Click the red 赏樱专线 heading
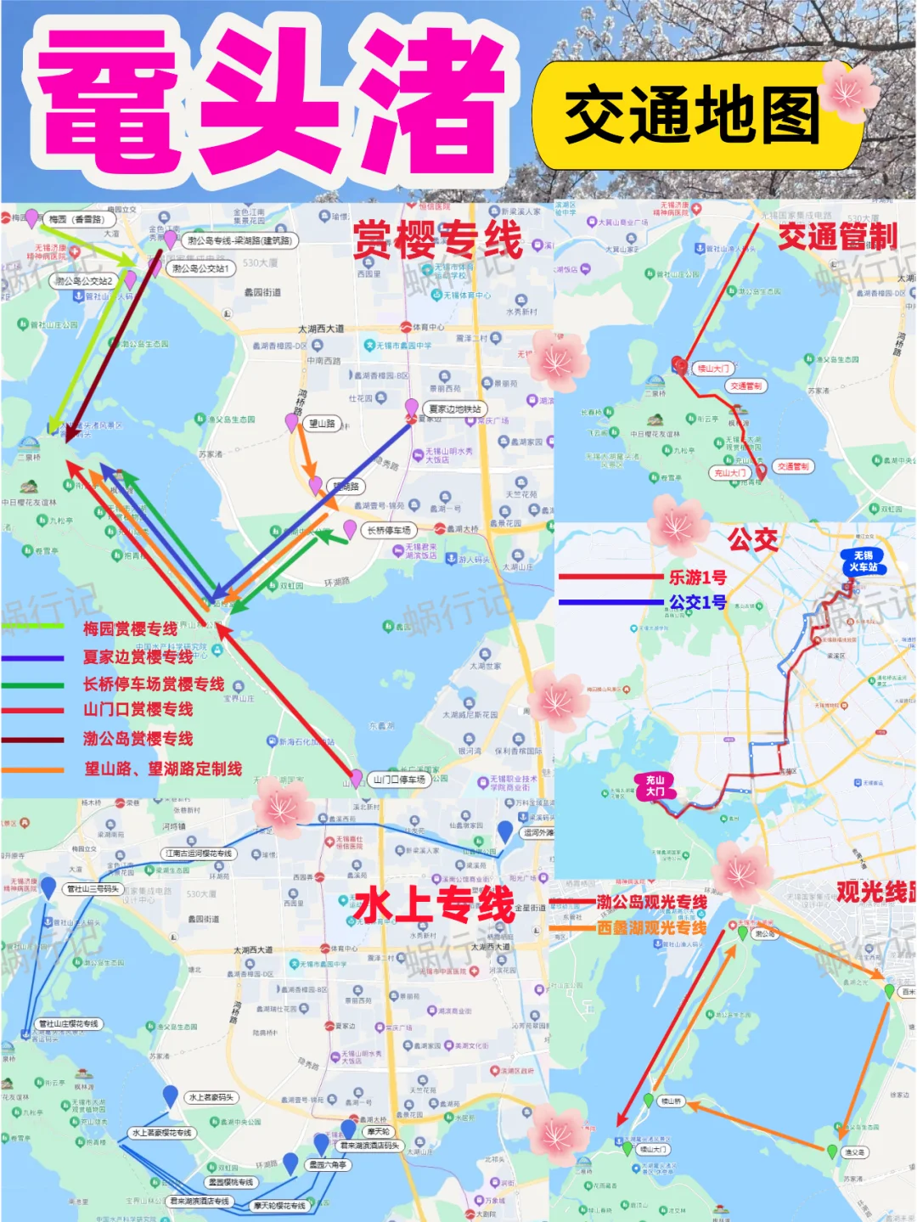[437, 239]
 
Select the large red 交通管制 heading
[837, 237]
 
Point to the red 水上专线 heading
[435, 904]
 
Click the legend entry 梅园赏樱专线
[130, 629]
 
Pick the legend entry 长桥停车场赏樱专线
[153, 684]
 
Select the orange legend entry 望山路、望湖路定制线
[162, 769]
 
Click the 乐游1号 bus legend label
[697, 577]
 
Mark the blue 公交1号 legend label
[697, 602]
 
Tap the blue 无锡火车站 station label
[863, 561]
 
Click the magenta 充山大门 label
[655, 786]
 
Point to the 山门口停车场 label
[399, 779]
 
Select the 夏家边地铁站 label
[455, 409]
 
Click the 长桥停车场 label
[389, 530]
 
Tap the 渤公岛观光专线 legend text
[651, 902]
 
